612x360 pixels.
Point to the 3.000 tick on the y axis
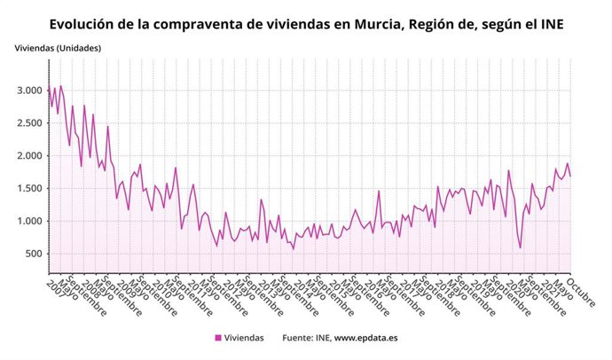[28, 90]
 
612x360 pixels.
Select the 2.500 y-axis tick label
[28, 123]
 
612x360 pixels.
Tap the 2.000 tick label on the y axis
[28, 156]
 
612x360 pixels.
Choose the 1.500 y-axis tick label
[28, 189]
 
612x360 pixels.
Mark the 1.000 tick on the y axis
[28, 222]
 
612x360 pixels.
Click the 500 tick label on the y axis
[34, 254]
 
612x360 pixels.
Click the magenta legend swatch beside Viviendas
[218, 338]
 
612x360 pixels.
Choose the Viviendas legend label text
[246, 338]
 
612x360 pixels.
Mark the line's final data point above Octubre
[570, 176]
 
